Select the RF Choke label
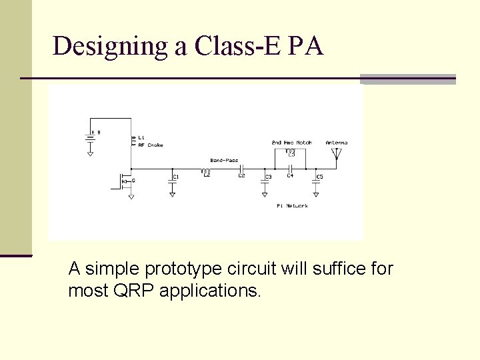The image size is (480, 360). [151, 145]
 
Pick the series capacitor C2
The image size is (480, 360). [242, 168]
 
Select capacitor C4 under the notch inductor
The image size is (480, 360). [290, 168]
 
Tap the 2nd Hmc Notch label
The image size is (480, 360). [291, 143]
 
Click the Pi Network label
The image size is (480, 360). [292, 206]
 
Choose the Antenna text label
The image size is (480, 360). [336, 143]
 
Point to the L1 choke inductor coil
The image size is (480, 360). [133, 141]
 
